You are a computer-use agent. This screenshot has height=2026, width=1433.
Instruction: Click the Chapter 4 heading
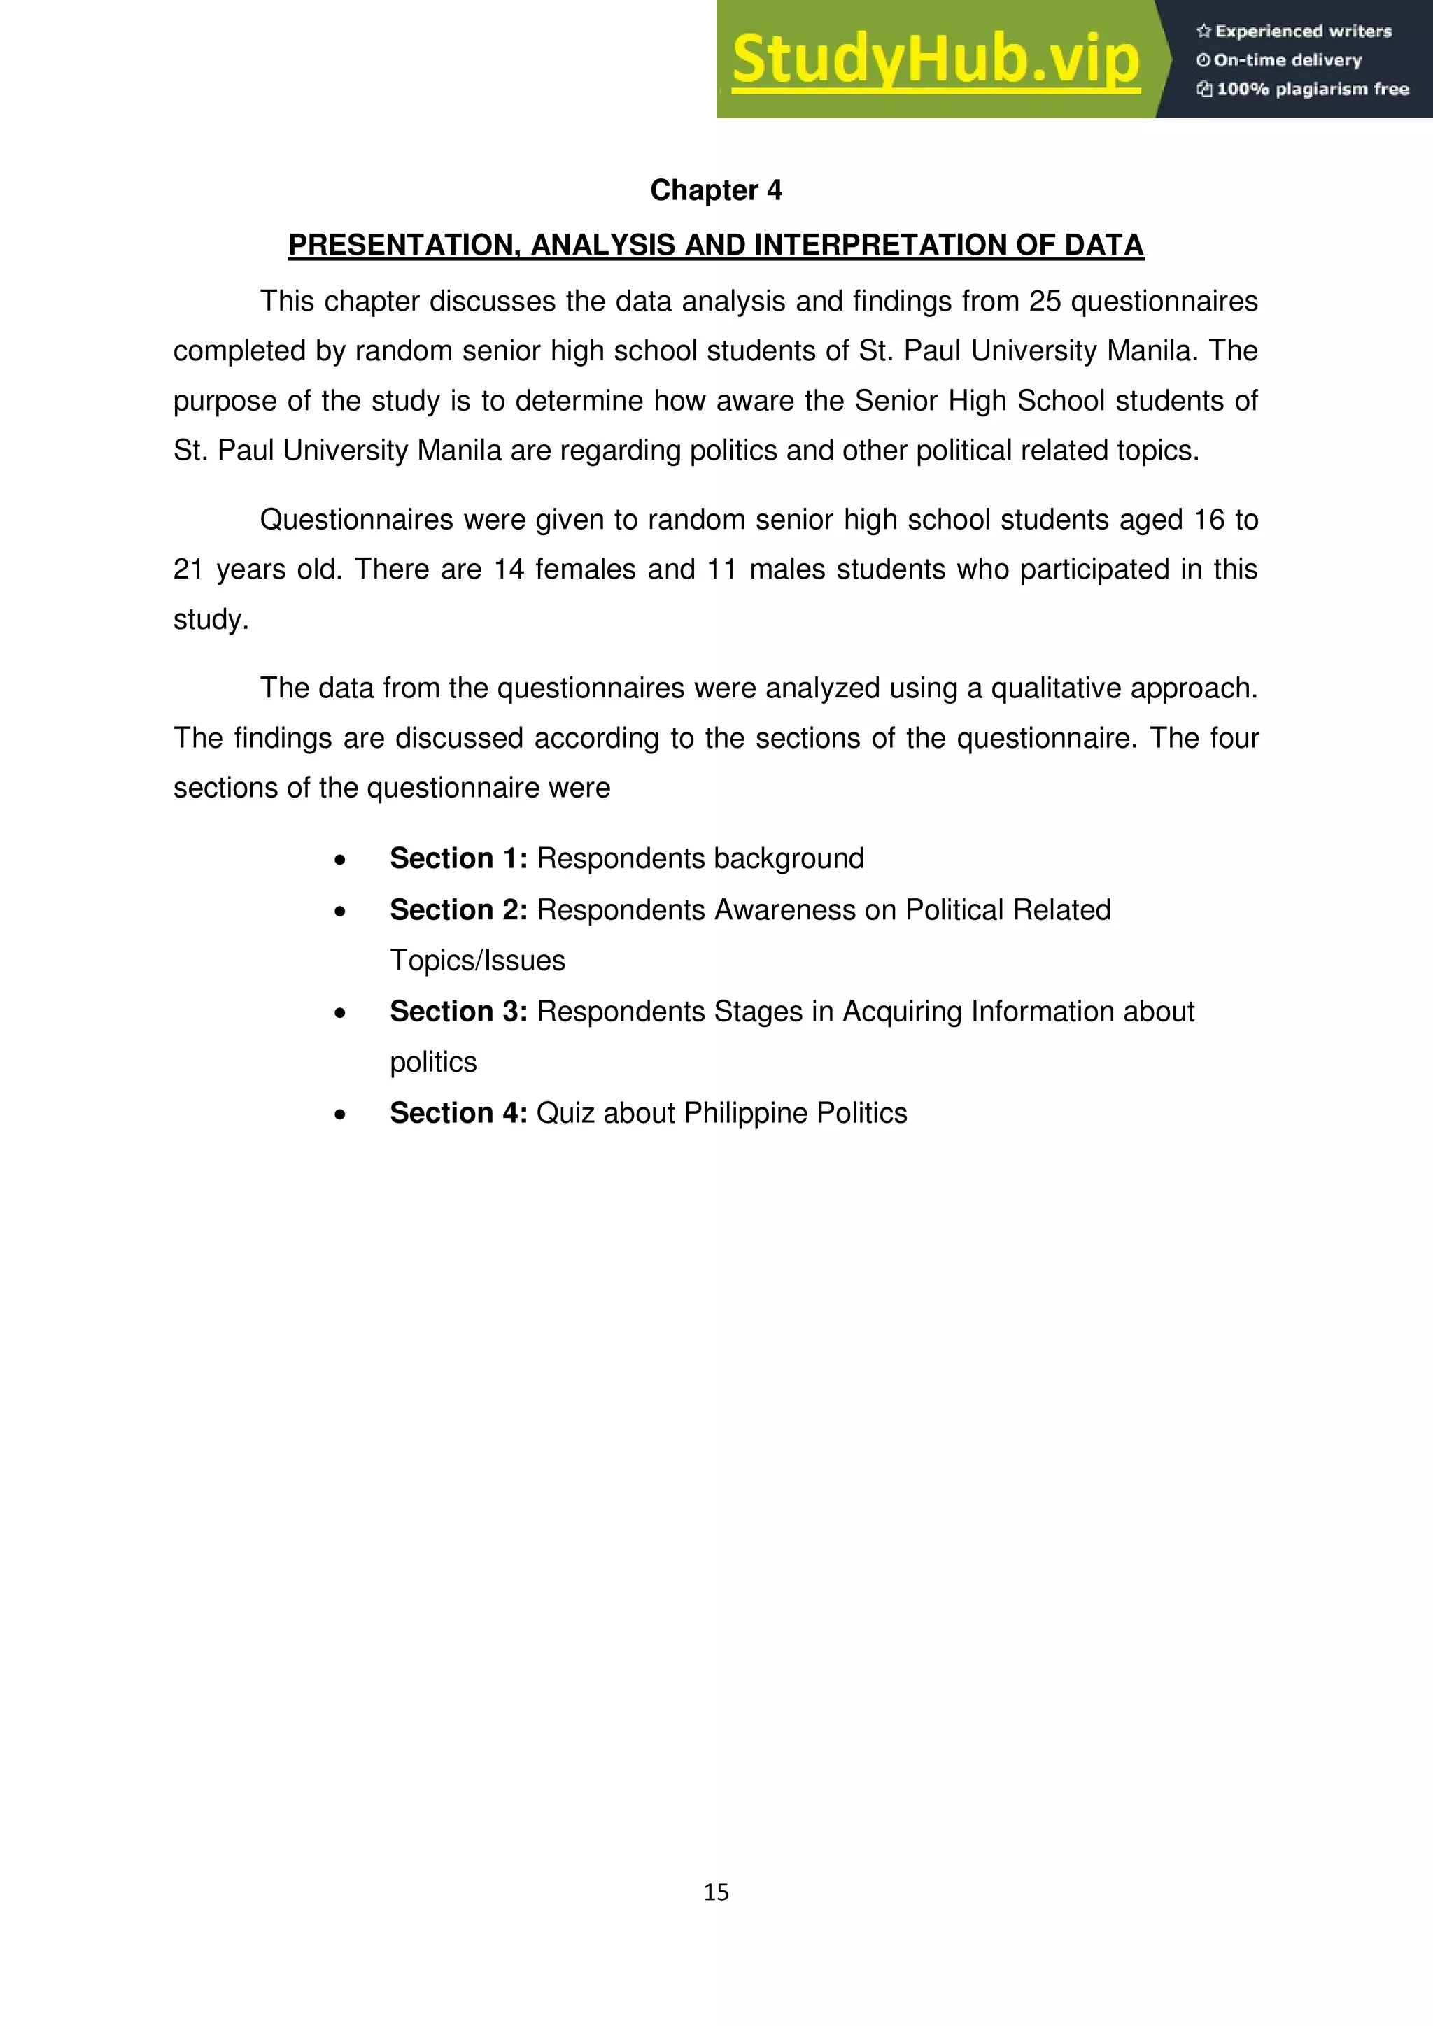click(716, 190)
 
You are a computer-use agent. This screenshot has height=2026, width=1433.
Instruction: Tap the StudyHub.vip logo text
click(936, 61)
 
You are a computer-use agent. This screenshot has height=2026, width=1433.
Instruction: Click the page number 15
click(716, 1892)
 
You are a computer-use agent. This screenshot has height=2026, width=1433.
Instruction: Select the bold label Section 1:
click(458, 858)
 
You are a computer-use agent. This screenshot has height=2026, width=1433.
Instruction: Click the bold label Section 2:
click(458, 909)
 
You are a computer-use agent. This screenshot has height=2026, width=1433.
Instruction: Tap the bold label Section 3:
click(458, 1011)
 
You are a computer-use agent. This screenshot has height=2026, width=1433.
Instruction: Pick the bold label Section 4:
click(458, 1113)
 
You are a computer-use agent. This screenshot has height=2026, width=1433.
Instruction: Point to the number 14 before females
click(509, 570)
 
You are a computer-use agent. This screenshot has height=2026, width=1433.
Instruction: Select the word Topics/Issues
click(477, 960)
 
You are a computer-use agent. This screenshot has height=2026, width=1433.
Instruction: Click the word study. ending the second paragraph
click(211, 619)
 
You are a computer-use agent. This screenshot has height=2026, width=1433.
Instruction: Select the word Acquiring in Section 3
click(902, 1011)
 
